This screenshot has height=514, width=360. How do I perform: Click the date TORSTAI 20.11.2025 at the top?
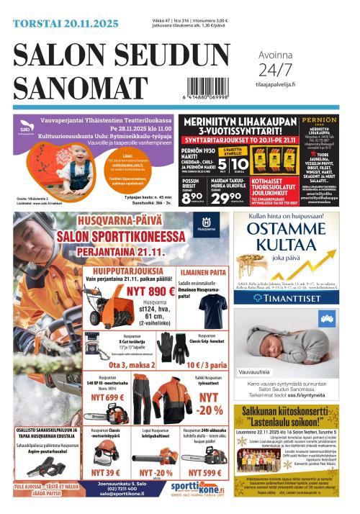pyautogui.click(x=66, y=24)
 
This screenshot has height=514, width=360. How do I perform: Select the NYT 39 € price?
pyautogui.click(x=105, y=472)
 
